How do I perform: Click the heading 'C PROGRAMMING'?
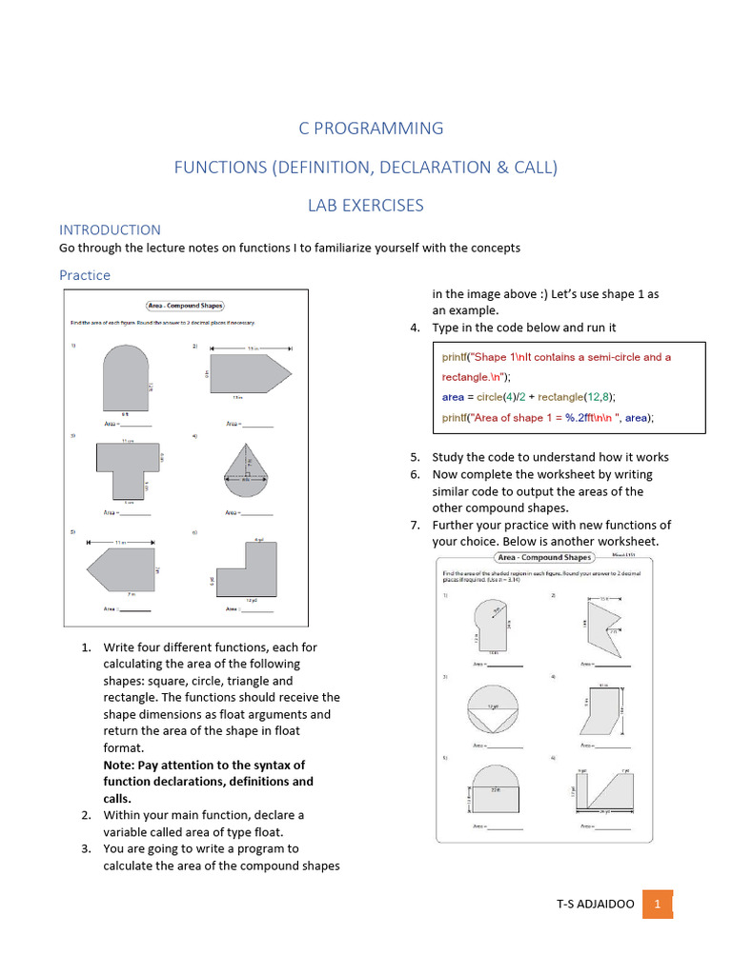[365, 128]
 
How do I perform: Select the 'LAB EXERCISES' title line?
[365, 205]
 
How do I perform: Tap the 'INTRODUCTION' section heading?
[110, 229]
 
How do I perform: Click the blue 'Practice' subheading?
[85, 275]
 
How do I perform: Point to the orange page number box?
[658, 904]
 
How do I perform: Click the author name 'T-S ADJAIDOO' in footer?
[595, 905]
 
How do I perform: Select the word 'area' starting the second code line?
[453, 397]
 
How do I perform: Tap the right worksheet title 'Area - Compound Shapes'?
[543, 557]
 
